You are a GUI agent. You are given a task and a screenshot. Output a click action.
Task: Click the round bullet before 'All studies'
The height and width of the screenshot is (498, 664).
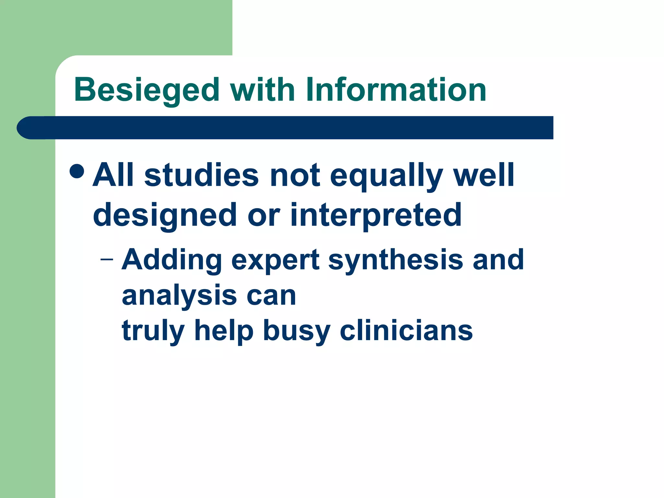pos(77,171)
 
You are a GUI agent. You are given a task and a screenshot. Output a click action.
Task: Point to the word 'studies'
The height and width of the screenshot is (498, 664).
pos(201,175)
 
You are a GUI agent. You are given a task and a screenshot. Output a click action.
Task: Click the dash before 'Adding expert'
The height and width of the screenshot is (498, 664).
pos(107,259)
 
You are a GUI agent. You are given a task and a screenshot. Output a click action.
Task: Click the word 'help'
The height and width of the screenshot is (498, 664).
pos(224,331)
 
